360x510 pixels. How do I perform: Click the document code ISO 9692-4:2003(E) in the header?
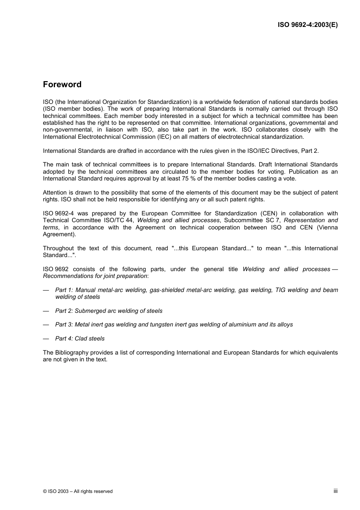point(307,25)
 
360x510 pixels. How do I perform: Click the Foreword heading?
point(62,84)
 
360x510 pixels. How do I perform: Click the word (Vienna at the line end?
point(327,227)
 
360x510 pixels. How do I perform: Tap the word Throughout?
point(58,248)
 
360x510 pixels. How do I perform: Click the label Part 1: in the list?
point(64,290)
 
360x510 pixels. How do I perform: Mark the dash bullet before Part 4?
point(46,338)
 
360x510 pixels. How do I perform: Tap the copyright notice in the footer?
point(78,491)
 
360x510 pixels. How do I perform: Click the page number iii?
point(335,491)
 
